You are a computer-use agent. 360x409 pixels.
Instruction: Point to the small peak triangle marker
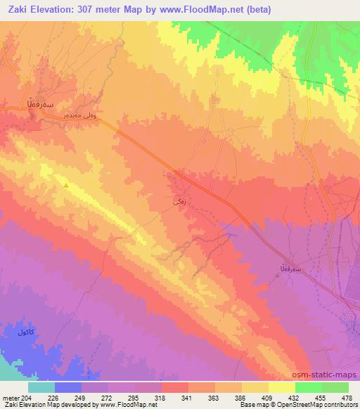point(66,186)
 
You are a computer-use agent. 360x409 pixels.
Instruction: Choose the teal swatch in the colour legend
point(41,387)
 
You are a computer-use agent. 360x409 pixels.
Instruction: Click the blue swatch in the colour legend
point(68,387)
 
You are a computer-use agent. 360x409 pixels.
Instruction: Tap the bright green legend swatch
point(309,387)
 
